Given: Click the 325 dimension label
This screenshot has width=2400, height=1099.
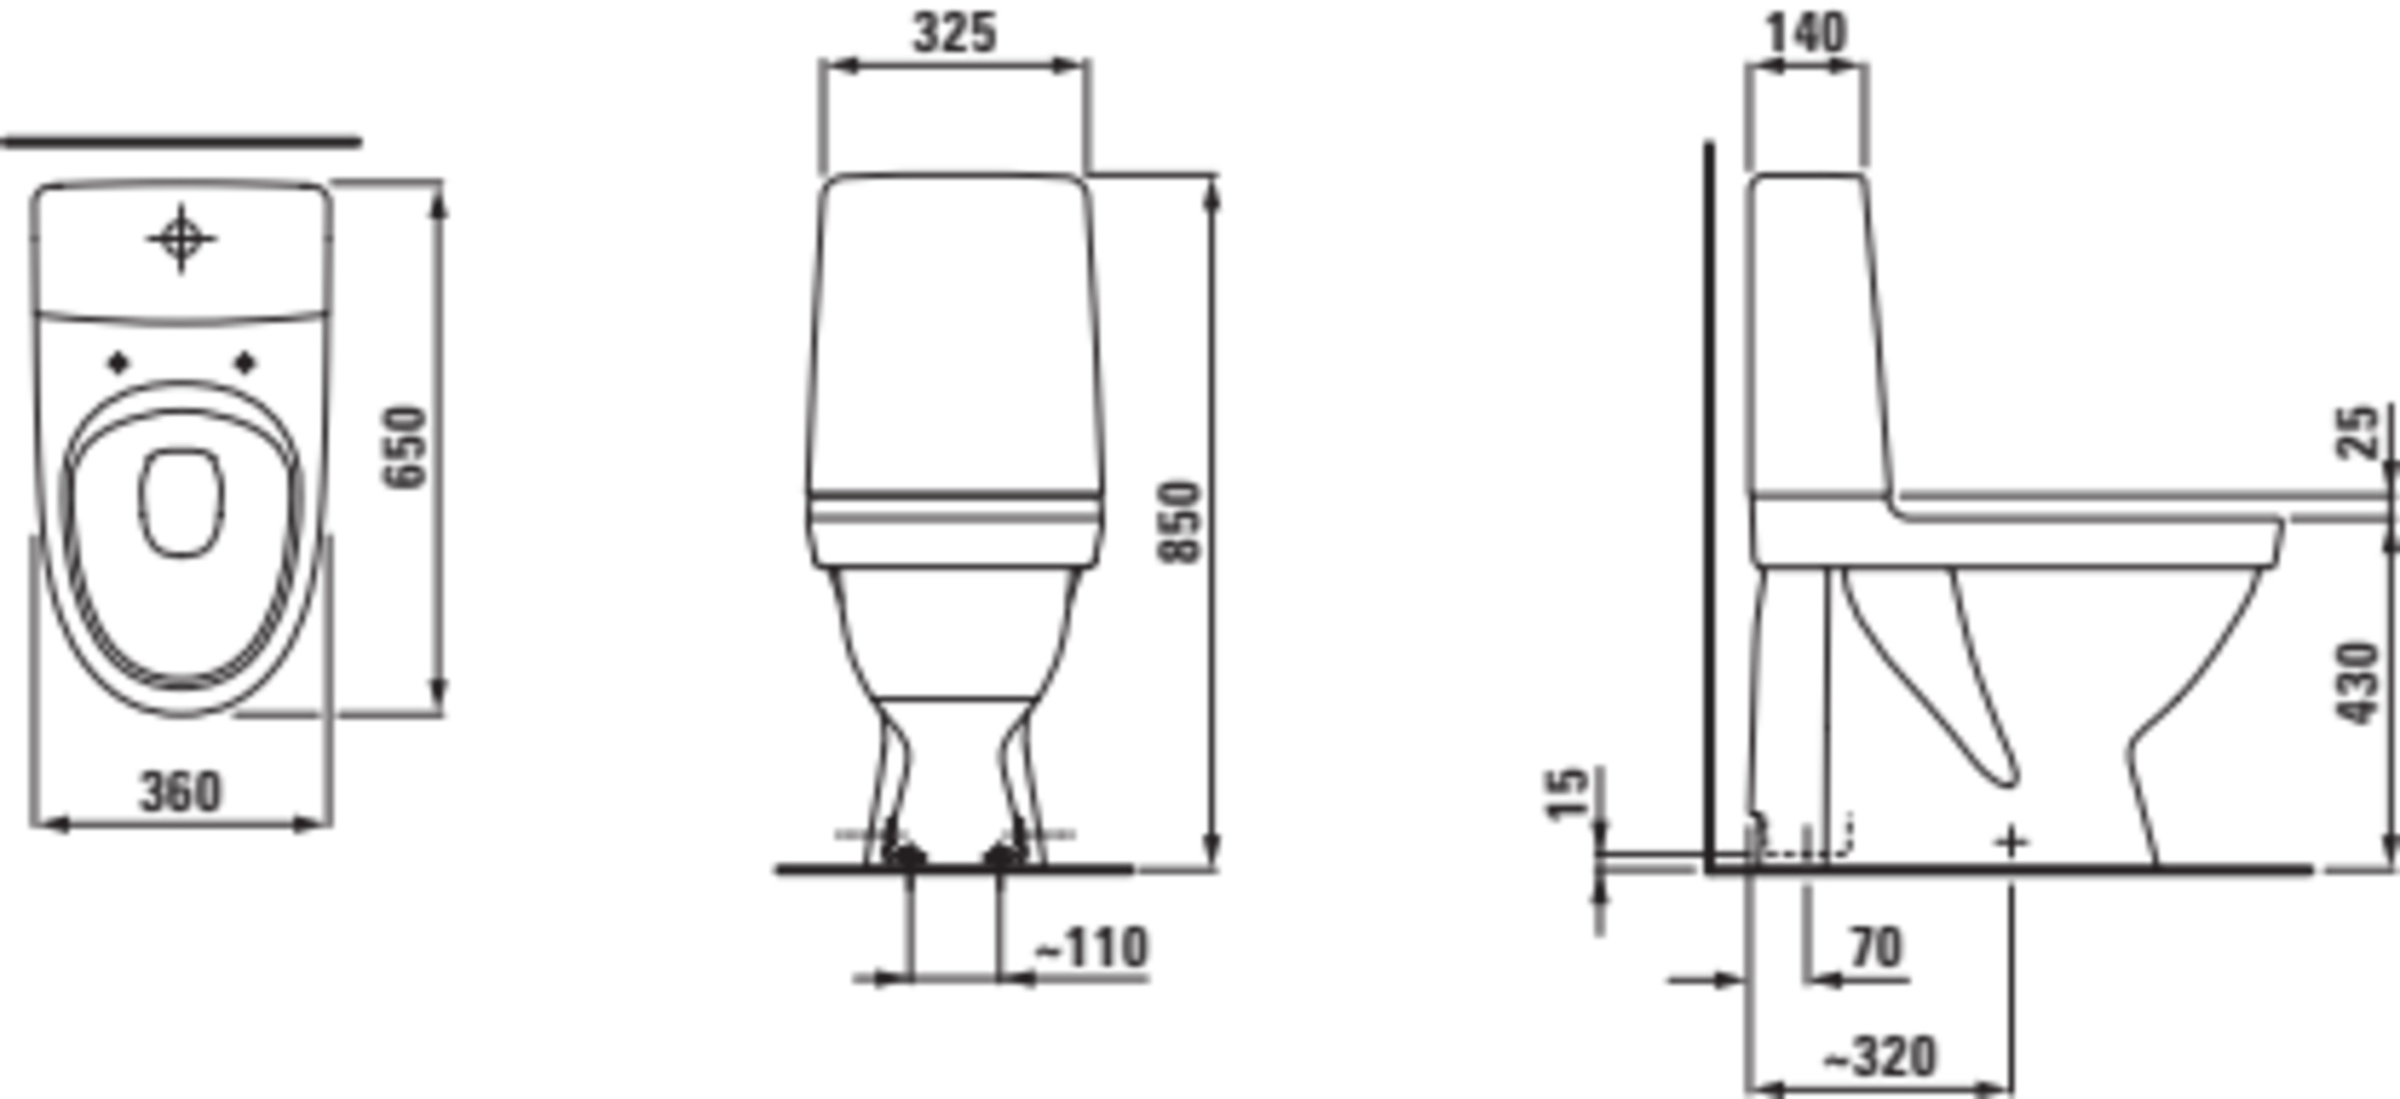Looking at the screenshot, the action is coord(954,34).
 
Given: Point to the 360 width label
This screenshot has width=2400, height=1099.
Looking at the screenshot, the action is coord(181,792).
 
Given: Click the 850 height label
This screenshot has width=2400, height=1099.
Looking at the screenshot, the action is coord(1179,522).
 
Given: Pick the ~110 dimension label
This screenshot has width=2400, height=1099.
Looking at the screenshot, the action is coord(1092,947).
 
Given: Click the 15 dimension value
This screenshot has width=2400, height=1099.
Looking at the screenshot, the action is coord(1566,793).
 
